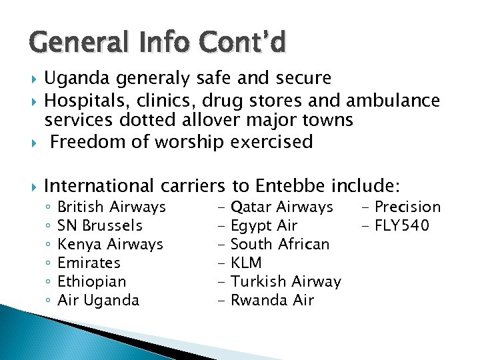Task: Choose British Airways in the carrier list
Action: point(112,207)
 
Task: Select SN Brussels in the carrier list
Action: point(100,225)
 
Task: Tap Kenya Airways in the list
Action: point(111,244)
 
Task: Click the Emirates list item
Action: point(89,263)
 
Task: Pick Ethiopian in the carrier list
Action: point(92,281)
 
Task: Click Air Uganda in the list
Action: point(99,300)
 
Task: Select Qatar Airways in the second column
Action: point(281,207)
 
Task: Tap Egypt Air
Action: point(263,225)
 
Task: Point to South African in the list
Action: point(279,244)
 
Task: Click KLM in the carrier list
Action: point(245,263)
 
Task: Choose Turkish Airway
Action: point(285,281)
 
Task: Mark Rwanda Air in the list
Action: point(271,300)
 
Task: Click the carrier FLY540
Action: point(402,225)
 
